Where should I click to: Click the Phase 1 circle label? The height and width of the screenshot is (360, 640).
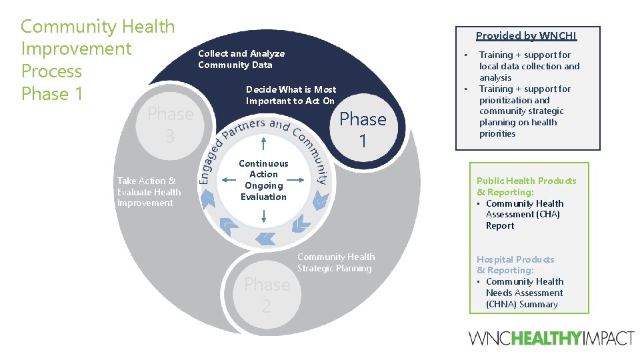point(363,129)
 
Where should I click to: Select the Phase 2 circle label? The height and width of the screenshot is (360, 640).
point(267,295)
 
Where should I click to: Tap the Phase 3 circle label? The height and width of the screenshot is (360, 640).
point(170,125)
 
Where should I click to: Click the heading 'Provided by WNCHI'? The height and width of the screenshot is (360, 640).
point(526,36)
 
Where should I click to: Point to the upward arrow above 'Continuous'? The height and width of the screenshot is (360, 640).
point(265,144)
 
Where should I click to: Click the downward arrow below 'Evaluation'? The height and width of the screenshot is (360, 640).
point(265,215)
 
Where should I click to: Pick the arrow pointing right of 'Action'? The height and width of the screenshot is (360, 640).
point(301,179)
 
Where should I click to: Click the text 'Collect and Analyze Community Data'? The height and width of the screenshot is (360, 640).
point(241,59)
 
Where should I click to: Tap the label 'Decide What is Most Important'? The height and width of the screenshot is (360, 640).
point(291,95)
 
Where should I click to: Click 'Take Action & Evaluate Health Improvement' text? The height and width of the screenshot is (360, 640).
point(149,192)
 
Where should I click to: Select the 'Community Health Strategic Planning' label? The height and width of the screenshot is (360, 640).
point(335,263)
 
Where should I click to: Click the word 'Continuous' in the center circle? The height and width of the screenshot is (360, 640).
point(263,163)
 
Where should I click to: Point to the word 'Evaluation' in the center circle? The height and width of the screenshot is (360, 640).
point(263,197)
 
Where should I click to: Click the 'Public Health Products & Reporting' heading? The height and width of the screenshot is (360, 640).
point(526,187)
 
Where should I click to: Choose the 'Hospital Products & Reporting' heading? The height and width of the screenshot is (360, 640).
point(515,265)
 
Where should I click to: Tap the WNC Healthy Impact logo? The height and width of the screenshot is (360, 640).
point(551,338)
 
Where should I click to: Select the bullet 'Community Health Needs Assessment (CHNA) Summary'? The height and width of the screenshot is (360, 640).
point(524,293)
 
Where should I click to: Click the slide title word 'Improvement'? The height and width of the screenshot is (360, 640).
point(76,49)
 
